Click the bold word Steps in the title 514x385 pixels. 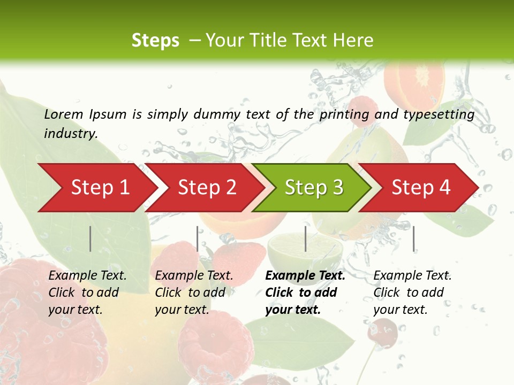pyautogui.click(x=155, y=41)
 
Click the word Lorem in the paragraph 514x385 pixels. pyautogui.click(x=63, y=114)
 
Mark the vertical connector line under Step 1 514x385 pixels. pyautogui.click(x=90, y=238)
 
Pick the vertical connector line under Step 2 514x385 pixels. pyautogui.click(x=198, y=238)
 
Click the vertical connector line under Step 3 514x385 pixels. pyautogui.click(x=305, y=238)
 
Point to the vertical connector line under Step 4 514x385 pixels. pyautogui.click(x=414, y=238)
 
